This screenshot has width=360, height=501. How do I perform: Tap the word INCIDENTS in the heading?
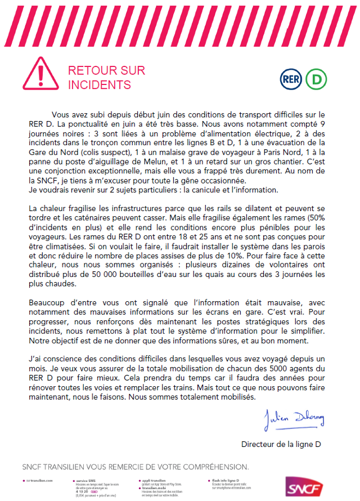pos(100,85)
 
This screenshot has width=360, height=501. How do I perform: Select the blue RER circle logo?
pos(291,79)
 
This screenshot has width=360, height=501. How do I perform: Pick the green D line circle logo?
pos(316,79)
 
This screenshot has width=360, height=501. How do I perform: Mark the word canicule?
pos(200,191)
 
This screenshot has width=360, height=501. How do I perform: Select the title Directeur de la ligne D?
pos(281,444)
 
